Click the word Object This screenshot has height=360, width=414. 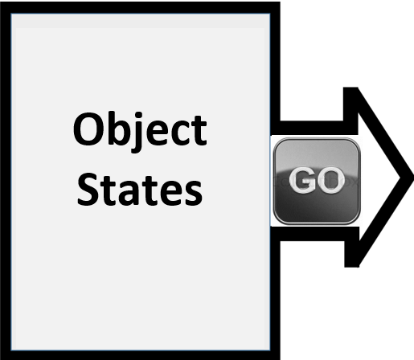click(x=140, y=132)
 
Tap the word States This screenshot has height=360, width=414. click(x=140, y=190)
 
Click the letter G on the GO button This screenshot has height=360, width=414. click(x=303, y=180)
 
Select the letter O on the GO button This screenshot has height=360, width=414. click(x=330, y=180)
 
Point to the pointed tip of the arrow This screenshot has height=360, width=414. click(x=412, y=178)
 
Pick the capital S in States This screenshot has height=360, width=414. click(x=88, y=190)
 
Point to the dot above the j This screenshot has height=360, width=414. click(x=138, y=116)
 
